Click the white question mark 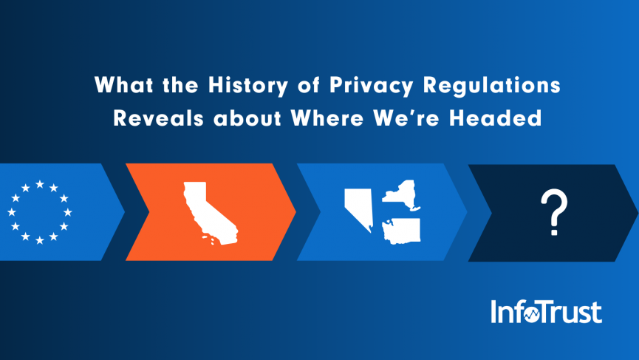(553, 213)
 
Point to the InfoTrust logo (546, 311)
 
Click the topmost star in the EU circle (40, 184)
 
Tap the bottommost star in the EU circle (40, 241)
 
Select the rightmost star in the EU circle (69, 212)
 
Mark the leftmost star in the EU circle (11, 212)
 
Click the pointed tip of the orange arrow (295, 212)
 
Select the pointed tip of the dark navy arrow (637, 212)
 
